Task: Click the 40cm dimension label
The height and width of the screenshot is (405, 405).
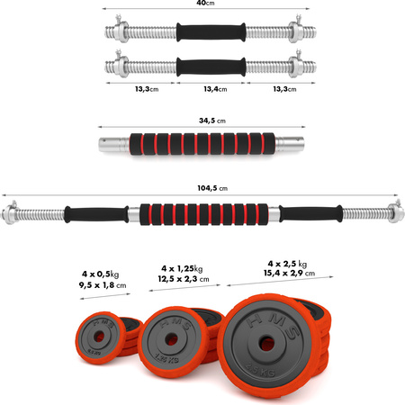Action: [x=205, y=3]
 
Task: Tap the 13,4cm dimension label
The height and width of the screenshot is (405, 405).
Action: [x=215, y=89]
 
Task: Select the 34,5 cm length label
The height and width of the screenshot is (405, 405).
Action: [x=212, y=121]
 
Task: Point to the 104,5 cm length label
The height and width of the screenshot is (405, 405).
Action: [x=212, y=188]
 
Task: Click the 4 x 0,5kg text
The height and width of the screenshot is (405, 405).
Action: [x=101, y=274]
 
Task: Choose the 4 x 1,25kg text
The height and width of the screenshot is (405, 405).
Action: [x=182, y=268]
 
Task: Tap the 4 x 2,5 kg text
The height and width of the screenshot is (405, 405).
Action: [x=287, y=264]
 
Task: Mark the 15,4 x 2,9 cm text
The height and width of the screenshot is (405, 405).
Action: [x=290, y=274]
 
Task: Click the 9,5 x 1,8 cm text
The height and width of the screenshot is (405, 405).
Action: [x=103, y=285]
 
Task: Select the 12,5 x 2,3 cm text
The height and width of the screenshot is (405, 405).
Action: [x=184, y=279]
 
